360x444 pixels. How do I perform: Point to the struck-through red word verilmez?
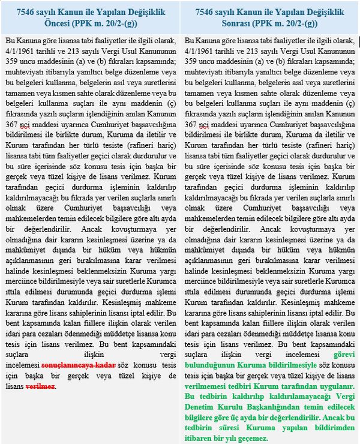coord(40,386)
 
